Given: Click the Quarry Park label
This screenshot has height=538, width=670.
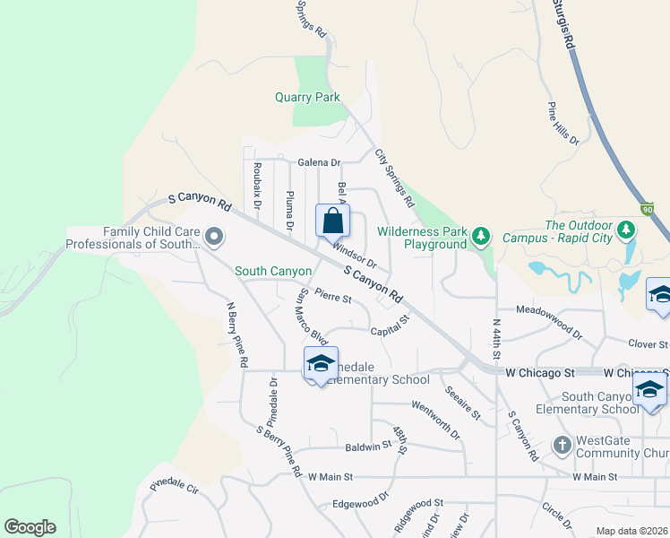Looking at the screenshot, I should [x=307, y=97].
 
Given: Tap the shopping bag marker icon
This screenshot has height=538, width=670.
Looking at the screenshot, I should [x=332, y=220].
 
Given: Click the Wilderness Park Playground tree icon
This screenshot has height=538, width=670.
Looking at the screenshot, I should [x=483, y=236].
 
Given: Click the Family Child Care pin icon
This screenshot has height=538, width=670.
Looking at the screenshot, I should [x=214, y=237].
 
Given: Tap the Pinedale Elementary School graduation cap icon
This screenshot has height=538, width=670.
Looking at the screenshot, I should [x=320, y=363].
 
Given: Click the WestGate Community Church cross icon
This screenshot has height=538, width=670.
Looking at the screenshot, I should [x=562, y=445].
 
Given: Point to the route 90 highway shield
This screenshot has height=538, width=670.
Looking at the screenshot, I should [x=649, y=208].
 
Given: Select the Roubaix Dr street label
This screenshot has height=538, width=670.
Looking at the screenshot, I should [x=257, y=186].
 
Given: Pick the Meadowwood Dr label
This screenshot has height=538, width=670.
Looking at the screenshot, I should [x=549, y=310].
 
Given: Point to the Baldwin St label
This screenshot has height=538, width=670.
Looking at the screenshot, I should [x=369, y=445].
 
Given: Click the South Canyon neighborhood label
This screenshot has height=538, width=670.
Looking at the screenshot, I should [x=273, y=271].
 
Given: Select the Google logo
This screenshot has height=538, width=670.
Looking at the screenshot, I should [x=30, y=527].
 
